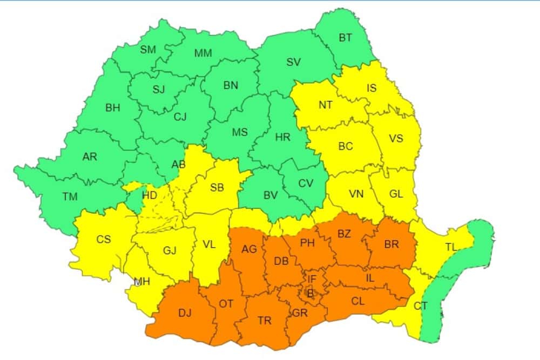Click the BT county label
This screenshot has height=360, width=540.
[x=345, y=38]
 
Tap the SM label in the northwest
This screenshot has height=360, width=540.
[x=147, y=50]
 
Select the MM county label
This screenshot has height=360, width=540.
[x=203, y=53]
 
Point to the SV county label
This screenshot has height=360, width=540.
[x=293, y=62]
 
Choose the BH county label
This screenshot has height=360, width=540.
[x=113, y=108]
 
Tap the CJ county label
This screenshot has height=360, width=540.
[x=180, y=116]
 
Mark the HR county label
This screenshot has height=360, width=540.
[x=283, y=138]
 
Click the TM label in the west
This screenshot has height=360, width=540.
[x=70, y=197]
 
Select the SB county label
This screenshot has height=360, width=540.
[x=217, y=188]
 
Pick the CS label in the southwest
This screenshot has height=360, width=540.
[x=104, y=239]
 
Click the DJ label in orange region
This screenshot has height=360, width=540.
[x=185, y=313]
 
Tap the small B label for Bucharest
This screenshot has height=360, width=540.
[x=310, y=294]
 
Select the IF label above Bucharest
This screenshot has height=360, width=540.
[x=312, y=279]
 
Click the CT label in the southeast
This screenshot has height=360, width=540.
[x=420, y=306]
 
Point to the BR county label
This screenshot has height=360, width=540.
[x=391, y=244]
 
